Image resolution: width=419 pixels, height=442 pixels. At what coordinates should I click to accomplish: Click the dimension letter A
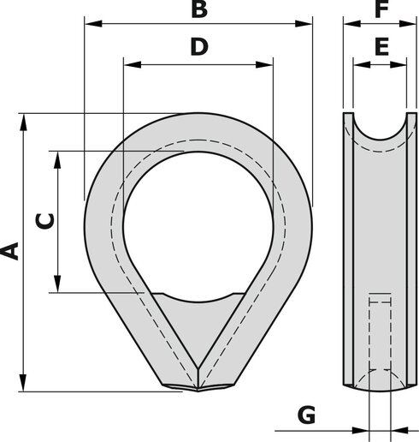tap(10, 251)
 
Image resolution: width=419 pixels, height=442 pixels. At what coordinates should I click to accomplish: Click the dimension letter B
tap(198, 10)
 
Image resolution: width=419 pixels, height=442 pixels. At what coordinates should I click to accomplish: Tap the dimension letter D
tap(198, 47)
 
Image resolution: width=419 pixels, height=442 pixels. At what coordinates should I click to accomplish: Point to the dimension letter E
tap(381, 47)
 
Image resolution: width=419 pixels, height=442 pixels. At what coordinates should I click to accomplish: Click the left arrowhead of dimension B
tap(90, 25)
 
